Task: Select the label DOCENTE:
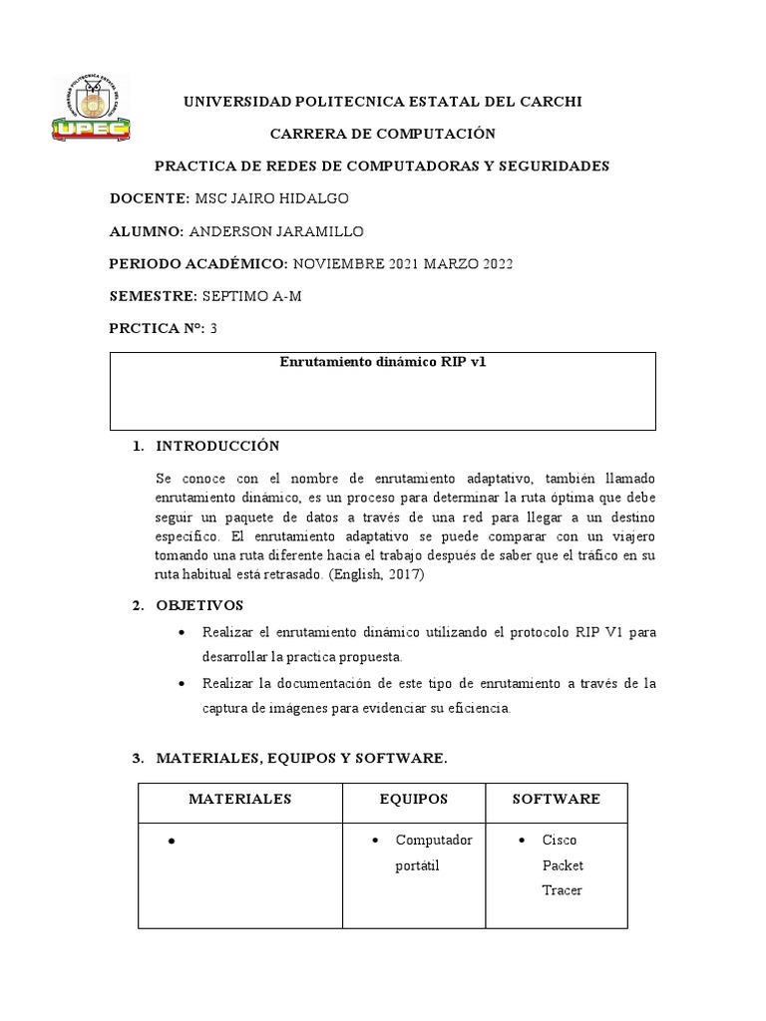150,198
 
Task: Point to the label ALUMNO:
148,231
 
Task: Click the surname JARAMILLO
319,231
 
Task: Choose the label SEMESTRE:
153,296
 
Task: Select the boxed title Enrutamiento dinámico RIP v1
382,363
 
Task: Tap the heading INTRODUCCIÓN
217,446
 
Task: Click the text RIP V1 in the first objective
592,632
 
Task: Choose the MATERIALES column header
239,799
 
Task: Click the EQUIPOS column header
413,799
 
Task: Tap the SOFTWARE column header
556,799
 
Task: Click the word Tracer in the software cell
563,889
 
